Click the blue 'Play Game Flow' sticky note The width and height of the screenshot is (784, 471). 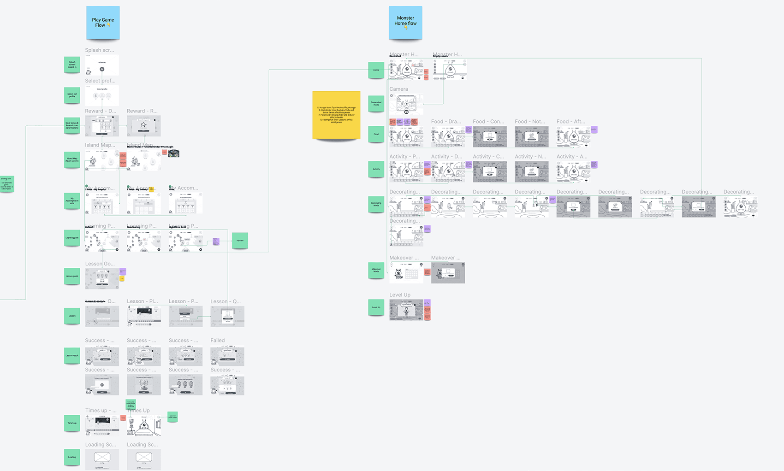103,23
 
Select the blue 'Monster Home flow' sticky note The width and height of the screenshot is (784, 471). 405,23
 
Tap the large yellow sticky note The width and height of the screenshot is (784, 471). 336,115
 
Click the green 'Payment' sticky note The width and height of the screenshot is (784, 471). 240,241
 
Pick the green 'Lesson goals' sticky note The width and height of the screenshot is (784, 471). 72,276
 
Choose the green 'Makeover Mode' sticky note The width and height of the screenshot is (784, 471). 376,271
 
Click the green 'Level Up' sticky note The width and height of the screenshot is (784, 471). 376,307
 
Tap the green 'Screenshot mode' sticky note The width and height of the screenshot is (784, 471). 376,103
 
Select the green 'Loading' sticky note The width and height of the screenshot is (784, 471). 72,457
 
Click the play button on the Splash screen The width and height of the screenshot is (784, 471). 102,69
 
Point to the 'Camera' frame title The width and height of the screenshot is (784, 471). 398,89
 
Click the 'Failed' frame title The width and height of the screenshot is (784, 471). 218,341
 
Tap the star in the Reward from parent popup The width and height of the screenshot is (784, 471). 143,125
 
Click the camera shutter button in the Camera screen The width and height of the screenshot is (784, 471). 406,112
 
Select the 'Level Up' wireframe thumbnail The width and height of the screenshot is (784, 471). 406,310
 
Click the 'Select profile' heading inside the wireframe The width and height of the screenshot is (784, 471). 102,89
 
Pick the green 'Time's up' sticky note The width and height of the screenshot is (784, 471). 72,423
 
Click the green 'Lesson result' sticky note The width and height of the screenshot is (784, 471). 72,356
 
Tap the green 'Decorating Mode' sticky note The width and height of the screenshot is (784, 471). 376,204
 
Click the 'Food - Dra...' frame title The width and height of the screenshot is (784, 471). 446,122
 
